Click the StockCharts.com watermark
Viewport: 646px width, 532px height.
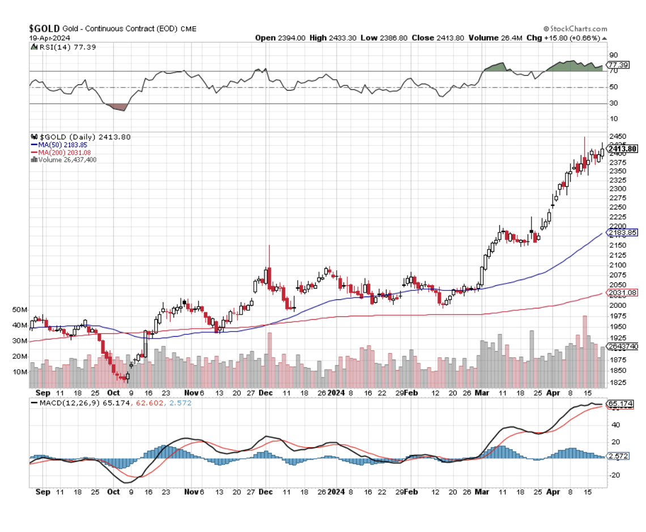click(x=575, y=29)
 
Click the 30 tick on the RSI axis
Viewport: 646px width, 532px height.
click(x=613, y=103)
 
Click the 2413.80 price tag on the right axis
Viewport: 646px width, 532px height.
click(x=622, y=149)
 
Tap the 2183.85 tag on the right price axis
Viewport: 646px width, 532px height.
click(x=622, y=233)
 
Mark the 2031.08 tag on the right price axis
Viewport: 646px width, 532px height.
click(x=622, y=293)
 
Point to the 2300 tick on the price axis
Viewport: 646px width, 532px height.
click(x=617, y=188)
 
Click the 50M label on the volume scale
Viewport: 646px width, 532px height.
click(x=20, y=310)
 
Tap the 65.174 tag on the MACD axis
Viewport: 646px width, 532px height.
click(x=619, y=404)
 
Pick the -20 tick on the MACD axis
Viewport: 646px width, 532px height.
click(x=614, y=475)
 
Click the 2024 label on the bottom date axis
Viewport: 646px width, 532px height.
click(x=336, y=492)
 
